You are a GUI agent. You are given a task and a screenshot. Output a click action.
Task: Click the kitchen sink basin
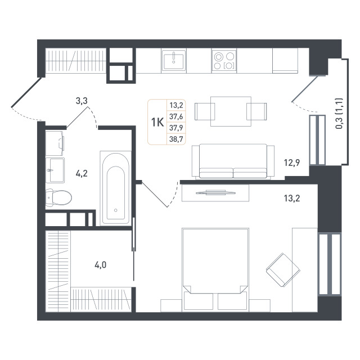(173, 60)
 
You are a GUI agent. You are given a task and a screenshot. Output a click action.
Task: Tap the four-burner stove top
(224, 61)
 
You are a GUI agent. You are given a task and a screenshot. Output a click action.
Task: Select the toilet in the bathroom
(58, 197)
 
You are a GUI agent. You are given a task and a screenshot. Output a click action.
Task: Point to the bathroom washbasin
(55, 170)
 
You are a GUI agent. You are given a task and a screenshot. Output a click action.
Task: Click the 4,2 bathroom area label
(82, 174)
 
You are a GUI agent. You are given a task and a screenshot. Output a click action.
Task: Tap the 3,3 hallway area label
(82, 101)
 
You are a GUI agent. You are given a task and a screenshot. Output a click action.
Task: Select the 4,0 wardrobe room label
(101, 265)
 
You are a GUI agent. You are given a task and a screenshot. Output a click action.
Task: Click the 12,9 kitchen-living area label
(292, 163)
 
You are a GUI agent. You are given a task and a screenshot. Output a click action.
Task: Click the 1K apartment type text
(157, 122)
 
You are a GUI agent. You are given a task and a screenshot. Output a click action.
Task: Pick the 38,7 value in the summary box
(176, 139)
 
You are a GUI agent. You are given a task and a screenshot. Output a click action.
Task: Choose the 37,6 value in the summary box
(176, 116)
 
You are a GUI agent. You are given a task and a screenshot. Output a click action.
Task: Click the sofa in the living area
(233, 161)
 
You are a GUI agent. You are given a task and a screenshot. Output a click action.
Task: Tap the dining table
(231, 111)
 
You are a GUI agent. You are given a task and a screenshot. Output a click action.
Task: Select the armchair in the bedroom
(283, 270)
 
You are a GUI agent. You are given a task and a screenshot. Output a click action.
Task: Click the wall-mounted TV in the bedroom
(215, 192)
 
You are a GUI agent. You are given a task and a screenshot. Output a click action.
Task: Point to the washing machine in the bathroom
(55, 143)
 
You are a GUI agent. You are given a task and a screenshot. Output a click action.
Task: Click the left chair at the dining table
(205, 111)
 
